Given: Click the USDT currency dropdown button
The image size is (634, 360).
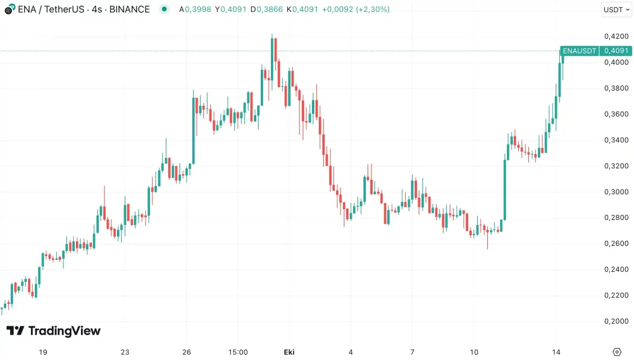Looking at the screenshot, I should (x=616, y=10).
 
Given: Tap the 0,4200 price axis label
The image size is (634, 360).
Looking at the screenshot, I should (x=616, y=37).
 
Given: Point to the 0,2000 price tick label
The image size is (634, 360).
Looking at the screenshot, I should (x=616, y=321).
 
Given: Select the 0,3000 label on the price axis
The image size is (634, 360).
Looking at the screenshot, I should (x=616, y=192).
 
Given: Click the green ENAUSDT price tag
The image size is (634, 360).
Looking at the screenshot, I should (x=579, y=51).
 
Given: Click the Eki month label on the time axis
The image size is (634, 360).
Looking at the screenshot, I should (x=289, y=352).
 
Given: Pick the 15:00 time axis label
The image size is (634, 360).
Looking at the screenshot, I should (x=238, y=352).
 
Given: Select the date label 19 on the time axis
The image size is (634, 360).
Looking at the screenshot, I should (x=43, y=352).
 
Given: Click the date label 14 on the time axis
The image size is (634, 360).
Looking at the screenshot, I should (x=556, y=352).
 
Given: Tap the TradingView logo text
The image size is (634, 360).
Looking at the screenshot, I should (x=53, y=331).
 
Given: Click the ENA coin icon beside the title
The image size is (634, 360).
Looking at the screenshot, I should (x=10, y=10).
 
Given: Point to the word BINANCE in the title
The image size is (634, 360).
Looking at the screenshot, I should (x=130, y=10).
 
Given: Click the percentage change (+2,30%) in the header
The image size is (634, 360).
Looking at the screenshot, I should (x=373, y=10).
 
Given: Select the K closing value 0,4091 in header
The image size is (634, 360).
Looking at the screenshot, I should (x=305, y=10).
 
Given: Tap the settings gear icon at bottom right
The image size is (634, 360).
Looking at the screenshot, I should (x=617, y=352).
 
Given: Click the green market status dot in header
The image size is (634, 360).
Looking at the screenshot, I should (x=164, y=9).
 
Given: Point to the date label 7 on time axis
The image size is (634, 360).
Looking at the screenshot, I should (x=413, y=352).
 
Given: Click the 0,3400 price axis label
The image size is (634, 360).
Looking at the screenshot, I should (x=616, y=140).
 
